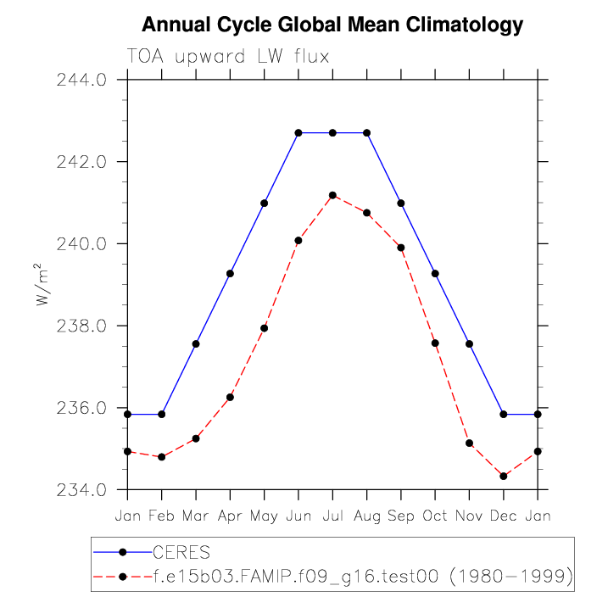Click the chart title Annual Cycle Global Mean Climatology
pos(332,25)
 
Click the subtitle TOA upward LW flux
pos(227,57)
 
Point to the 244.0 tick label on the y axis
pos(81,81)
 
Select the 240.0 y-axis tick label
pos(81,244)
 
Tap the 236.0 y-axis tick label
pos(81,408)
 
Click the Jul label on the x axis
pos(332,515)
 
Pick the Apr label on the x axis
pos(230,515)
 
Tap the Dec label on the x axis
pos(504,515)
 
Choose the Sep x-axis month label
pos(401,515)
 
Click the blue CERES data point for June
pos(298,133)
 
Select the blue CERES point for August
pos(367,133)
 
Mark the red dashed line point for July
pos(332,195)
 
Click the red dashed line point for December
pos(504,477)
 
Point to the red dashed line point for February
pos(161,457)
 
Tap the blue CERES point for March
pos(196,343)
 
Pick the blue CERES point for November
pos(469,343)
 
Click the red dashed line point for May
pos(264,328)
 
